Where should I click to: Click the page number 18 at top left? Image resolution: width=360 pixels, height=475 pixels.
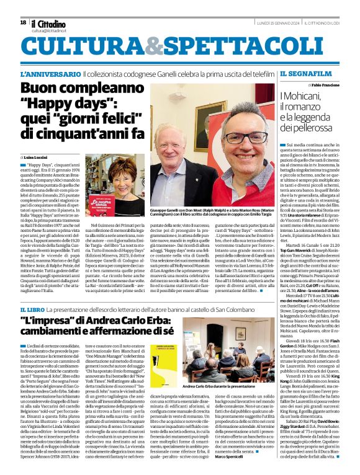(23, 22)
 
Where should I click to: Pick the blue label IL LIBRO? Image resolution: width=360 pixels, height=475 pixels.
(33, 309)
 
